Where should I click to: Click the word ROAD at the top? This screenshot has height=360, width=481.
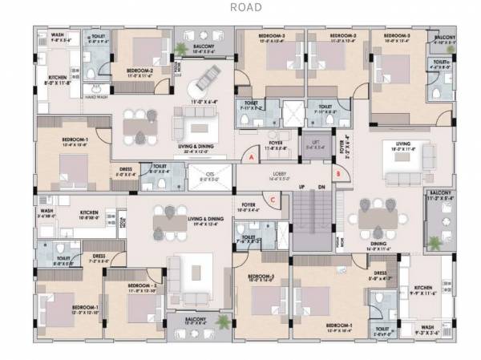246,8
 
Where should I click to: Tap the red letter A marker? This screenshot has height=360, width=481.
251,158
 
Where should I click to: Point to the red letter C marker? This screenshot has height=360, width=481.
273,200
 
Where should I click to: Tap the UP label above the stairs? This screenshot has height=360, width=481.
301,188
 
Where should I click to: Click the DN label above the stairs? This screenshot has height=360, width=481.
321,188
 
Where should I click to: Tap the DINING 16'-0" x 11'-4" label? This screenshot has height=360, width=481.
378,246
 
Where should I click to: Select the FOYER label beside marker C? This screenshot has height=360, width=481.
249,207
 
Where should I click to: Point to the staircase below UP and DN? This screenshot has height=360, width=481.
311,221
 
